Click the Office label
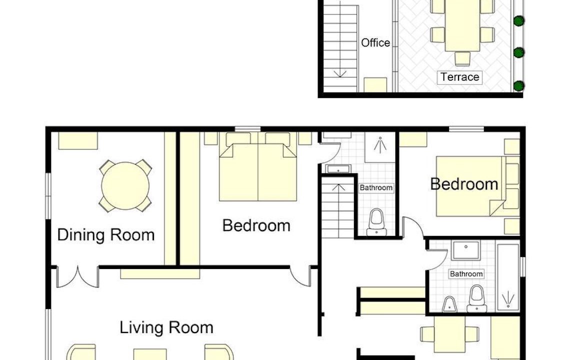[x=375, y=42]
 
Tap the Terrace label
[x=460, y=77]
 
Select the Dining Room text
[x=106, y=235]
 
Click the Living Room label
[x=166, y=327]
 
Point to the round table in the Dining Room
[x=125, y=185]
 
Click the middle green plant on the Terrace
[x=518, y=52]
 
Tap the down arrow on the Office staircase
[x=340, y=73]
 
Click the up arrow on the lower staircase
[x=338, y=187]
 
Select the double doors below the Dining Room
[x=78, y=277]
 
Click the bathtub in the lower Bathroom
[x=508, y=277]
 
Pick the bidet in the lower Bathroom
[x=449, y=305]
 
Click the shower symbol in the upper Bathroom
[x=380, y=144]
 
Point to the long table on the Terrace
[x=462, y=25]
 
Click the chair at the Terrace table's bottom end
[x=462, y=59]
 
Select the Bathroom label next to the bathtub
[x=466, y=274]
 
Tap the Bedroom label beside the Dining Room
[x=256, y=225]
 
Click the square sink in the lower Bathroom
[x=465, y=250]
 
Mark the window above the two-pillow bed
[x=247, y=128]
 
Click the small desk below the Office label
[x=375, y=84]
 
